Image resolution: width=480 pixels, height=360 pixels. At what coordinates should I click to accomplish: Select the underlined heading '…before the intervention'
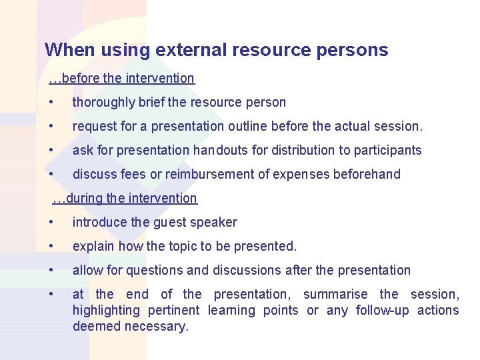click(x=121, y=78)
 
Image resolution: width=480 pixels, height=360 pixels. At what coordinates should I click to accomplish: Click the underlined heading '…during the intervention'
click(x=125, y=198)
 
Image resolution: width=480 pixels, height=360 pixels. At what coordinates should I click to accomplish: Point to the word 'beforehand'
click(x=367, y=175)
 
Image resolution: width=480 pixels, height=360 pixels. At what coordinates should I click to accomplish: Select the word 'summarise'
click(x=335, y=295)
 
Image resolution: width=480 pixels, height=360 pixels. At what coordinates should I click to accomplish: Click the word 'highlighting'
click(x=107, y=311)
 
